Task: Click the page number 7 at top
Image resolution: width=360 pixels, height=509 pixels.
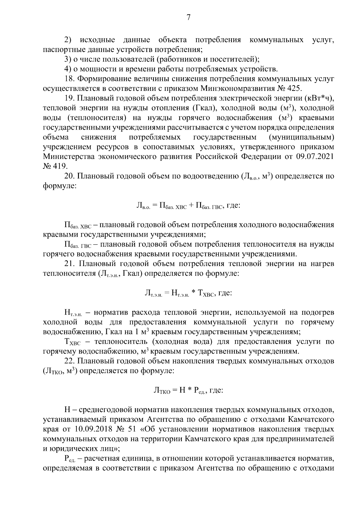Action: pyautogui.click(x=188, y=18)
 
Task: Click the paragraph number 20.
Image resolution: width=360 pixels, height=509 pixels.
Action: pyautogui.click(x=69, y=176)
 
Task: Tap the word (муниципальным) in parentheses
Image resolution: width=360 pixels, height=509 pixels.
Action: pyautogui.click(x=302, y=138)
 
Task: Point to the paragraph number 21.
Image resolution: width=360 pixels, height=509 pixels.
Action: pyautogui.click(x=69, y=264)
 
